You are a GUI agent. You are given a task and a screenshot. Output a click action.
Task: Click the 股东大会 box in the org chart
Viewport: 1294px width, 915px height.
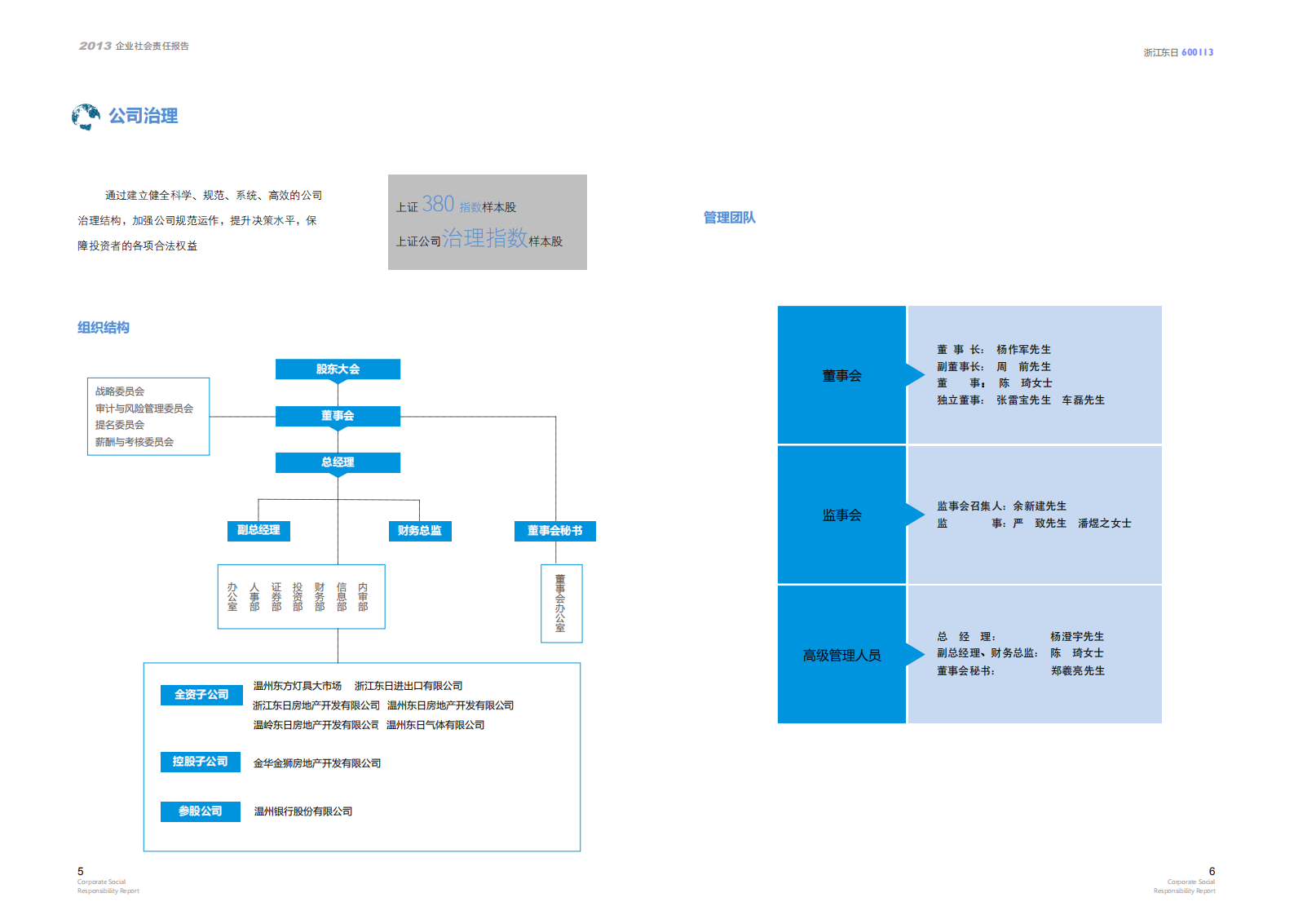pyautogui.click(x=338, y=369)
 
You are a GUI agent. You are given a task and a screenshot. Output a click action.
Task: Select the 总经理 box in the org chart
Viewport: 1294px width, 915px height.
pyautogui.click(x=338, y=462)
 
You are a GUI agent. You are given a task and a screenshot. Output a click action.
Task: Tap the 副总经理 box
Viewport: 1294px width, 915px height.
pyautogui.click(x=258, y=530)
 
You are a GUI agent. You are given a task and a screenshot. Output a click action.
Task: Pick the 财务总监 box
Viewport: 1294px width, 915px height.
pyautogui.click(x=419, y=531)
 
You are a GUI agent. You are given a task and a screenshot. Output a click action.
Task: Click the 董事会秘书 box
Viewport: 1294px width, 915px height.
pyautogui.click(x=555, y=531)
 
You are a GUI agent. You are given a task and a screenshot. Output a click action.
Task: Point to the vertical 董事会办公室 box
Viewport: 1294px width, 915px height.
pyautogui.click(x=561, y=603)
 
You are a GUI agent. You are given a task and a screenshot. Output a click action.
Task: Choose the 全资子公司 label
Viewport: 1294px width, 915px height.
pyautogui.click(x=201, y=695)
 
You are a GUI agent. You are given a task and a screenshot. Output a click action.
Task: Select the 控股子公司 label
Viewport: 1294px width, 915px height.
pyautogui.click(x=201, y=762)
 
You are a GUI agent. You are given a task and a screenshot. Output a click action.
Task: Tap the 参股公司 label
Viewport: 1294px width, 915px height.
pyautogui.click(x=201, y=811)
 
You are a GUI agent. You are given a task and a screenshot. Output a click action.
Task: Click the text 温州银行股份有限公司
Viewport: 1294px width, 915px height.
pyautogui.click(x=303, y=811)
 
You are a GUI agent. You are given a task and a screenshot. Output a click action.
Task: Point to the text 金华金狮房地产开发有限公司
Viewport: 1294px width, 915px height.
pyautogui.click(x=317, y=763)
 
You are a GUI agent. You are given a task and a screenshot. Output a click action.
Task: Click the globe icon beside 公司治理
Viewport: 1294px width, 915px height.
pyautogui.click(x=86, y=117)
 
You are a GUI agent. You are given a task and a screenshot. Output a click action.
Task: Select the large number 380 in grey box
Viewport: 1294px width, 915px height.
pyautogui.click(x=438, y=204)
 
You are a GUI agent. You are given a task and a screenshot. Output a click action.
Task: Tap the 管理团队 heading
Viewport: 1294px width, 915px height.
pyautogui.click(x=729, y=218)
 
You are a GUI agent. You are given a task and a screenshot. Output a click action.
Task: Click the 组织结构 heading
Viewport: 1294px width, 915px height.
pyautogui.click(x=104, y=328)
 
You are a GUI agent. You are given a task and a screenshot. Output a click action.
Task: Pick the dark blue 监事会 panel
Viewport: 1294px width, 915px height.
pyautogui.click(x=841, y=515)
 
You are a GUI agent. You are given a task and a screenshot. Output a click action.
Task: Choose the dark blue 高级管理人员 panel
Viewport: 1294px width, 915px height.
pyautogui.click(x=841, y=655)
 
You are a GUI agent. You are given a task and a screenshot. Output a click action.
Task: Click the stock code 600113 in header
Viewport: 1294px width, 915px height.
pyautogui.click(x=1197, y=52)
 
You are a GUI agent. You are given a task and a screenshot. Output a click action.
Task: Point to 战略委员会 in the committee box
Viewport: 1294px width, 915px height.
pyautogui.click(x=120, y=391)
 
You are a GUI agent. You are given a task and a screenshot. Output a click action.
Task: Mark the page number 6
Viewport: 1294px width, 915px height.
pyautogui.click(x=1212, y=871)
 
